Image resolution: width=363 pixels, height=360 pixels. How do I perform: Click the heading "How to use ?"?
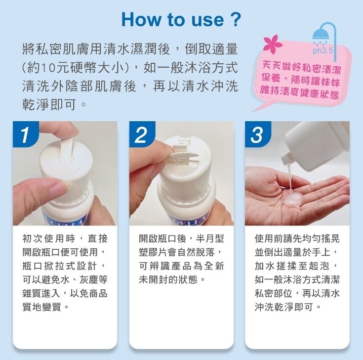(x=181, y=20)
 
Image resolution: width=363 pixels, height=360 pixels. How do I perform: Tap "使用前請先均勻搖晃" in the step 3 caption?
(x=297, y=239)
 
